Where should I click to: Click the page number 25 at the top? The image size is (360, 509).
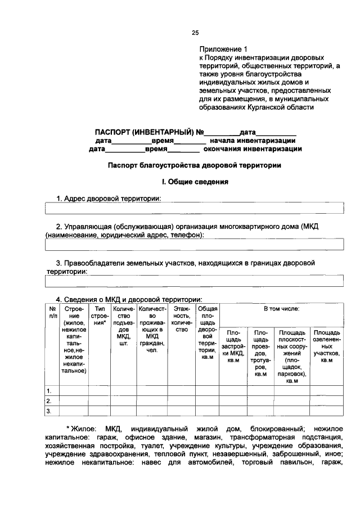coord(195,33)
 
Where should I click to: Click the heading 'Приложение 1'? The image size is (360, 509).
coord(223,49)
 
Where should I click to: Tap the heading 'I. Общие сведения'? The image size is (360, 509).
coord(194,182)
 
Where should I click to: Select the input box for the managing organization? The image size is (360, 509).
coord(193,244)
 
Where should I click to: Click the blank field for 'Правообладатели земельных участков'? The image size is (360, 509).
coord(193,281)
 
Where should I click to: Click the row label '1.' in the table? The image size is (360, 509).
coord(49,390)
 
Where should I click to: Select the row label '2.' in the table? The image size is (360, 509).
coord(49,401)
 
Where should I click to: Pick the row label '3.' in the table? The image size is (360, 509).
coord(49,411)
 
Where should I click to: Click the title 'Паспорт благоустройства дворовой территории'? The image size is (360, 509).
coord(194,166)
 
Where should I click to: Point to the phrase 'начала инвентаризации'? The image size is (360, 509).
coord(253,141)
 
